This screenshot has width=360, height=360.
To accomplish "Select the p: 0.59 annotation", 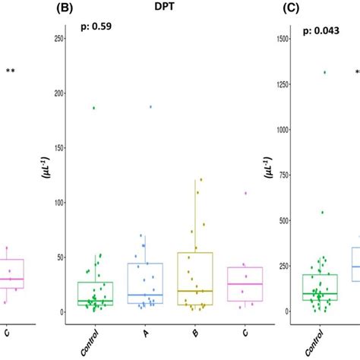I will (96, 30).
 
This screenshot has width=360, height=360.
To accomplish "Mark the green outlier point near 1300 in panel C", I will (324, 73).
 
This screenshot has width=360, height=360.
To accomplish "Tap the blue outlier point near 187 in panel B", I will (151, 107).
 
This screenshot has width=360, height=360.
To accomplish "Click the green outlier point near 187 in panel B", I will (94, 108).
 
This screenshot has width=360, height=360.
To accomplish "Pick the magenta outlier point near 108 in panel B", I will (245, 193).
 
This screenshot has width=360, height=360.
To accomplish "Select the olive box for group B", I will (194, 279).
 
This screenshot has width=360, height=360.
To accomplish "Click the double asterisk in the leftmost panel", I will (11, 72).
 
